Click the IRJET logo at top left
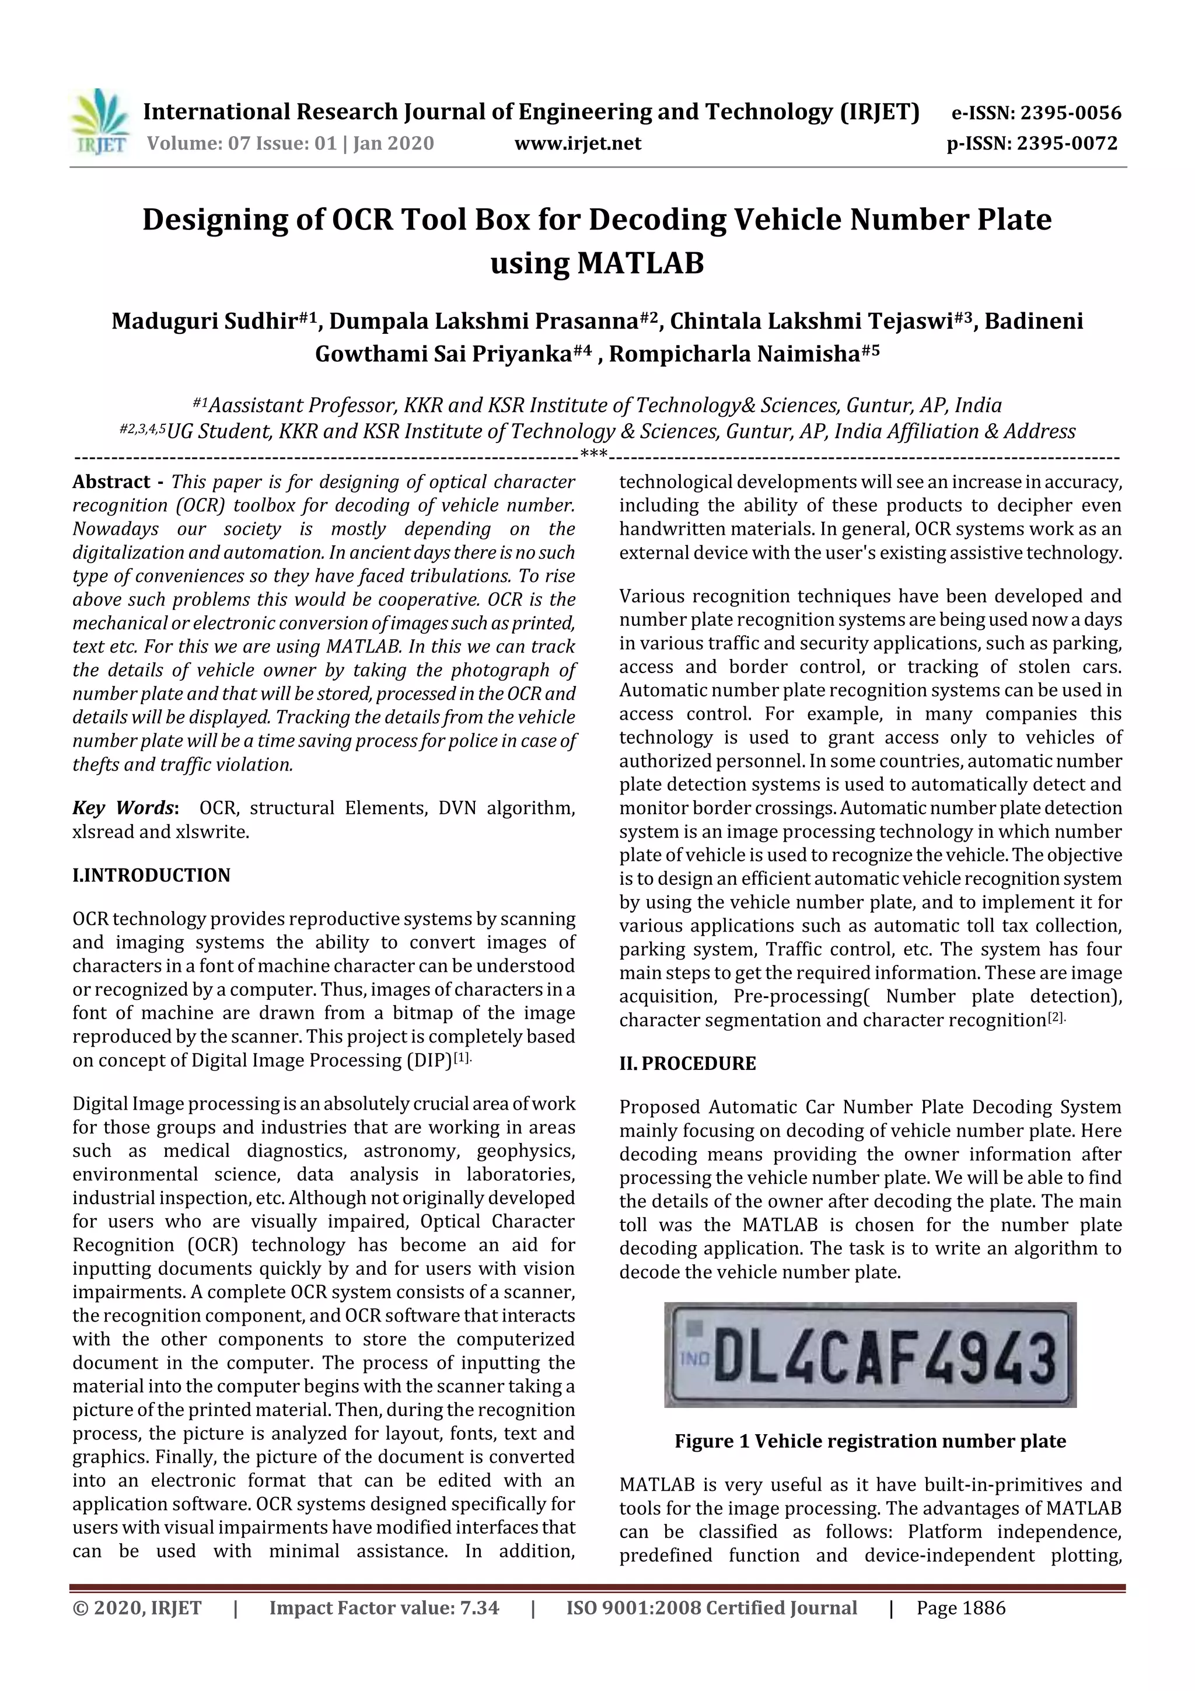click(x=99, y=121)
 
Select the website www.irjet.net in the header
click(x=578, y=144)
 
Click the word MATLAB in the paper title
click(x=640, y=263)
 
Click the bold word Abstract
click(x=111, y=482)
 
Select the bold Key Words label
click(x=124, y=808)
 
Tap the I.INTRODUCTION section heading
click(x=151, y=875)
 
